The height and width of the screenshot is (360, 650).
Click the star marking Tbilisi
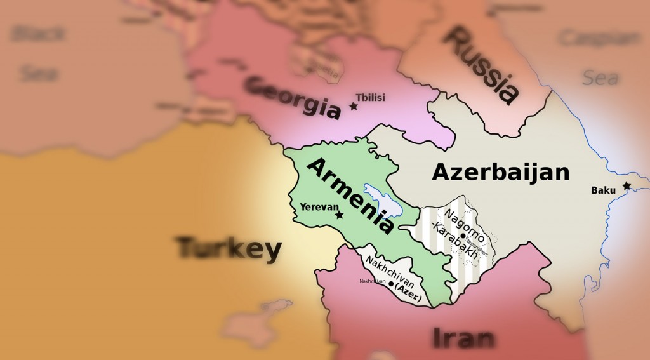[354, 106]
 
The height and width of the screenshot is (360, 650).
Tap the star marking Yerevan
[339, 215]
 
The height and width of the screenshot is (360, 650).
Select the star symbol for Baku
[627, 185]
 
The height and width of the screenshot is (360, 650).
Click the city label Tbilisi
[371, 97]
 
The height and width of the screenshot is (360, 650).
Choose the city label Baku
[603, 190]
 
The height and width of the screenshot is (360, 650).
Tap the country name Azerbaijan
[501, 172]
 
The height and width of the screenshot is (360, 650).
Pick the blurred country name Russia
[481, 65]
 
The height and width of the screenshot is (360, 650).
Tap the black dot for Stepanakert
[463, 236]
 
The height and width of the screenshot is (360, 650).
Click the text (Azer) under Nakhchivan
[408, 289]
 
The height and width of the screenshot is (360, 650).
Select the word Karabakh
[456, 243]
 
